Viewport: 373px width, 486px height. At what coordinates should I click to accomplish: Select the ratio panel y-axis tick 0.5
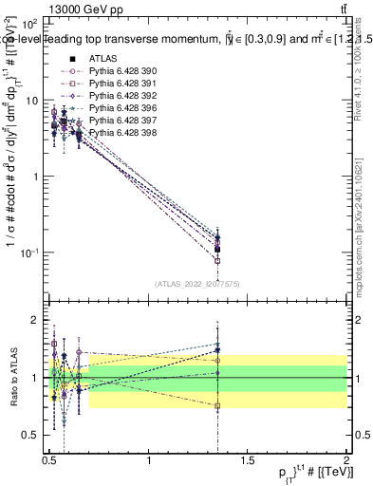pyautogui.click(x=32, y=435)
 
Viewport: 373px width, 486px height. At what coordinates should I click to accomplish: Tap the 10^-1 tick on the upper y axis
pyautogui.click(x=28, y=252)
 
